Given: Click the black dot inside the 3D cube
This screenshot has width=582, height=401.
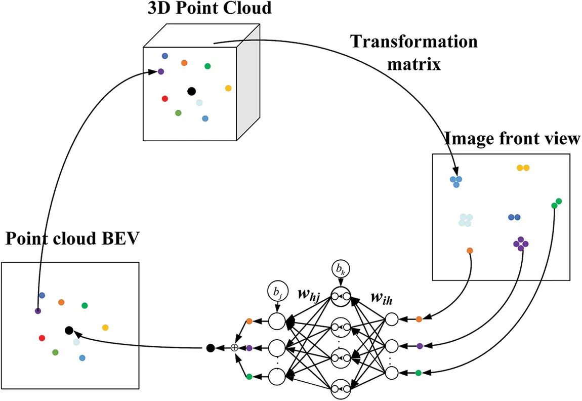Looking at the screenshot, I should (191, 91).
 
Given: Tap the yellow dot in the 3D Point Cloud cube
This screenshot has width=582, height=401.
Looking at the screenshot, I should (228, 88).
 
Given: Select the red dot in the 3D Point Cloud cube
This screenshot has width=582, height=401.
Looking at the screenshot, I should (164, 99).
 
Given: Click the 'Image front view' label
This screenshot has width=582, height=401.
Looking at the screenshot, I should (512, 139).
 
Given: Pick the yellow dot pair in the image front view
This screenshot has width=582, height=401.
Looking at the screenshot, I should (523, 168).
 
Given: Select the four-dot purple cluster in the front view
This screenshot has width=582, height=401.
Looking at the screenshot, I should (521, 243).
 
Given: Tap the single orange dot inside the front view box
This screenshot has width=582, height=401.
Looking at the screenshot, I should (470, 251).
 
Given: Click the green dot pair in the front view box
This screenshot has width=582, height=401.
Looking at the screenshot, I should (556, 203).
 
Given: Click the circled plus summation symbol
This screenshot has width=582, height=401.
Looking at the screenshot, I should (234, 348).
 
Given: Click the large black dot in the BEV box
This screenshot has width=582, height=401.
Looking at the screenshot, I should (69, 330).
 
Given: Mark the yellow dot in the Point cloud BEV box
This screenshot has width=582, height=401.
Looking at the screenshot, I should (105, 328).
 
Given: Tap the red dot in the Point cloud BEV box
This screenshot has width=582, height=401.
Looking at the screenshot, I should (42, 338).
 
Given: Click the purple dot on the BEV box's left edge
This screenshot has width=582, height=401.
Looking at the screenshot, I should (38, 311).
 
